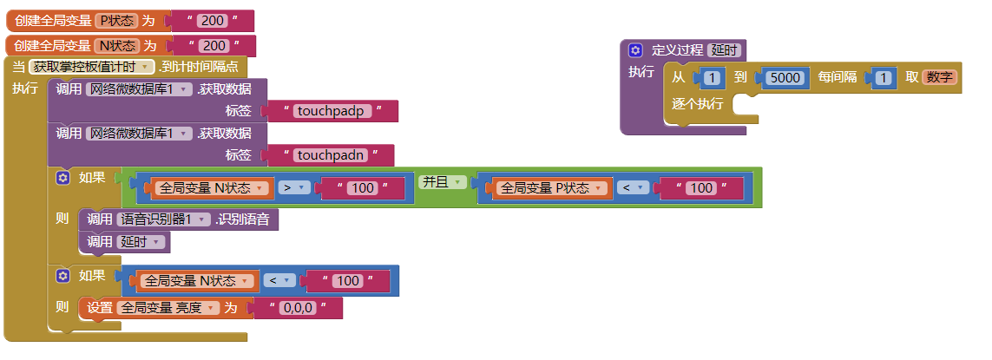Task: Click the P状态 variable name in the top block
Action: click(116, 21)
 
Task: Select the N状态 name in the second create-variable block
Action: click(116, 46)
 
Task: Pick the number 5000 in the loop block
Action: click(786, 78)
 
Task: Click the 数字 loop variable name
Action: click(939, 78)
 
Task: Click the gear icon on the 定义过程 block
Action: click(635, 50)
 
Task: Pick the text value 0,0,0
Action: click(297, 308)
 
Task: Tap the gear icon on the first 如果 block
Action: click(62, 179)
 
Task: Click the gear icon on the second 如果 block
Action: click(62, 276)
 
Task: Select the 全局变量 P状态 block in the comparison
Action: click(549, 188)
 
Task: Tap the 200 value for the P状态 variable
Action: click(213, 21)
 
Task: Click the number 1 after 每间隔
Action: click(885, 78)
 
